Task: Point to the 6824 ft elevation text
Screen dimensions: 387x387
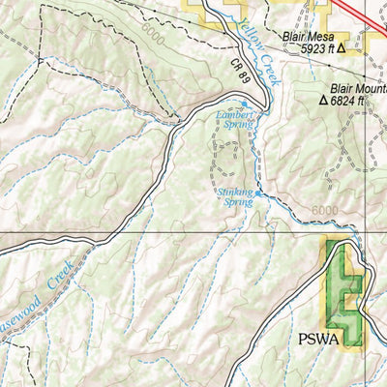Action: (350, 99)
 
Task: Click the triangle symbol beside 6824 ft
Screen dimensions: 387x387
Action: (324, 99)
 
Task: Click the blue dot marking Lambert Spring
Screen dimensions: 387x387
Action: (244, 104)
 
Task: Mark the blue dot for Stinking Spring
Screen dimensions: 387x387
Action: (255, 193)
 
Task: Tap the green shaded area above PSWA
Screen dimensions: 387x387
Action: (344, 290)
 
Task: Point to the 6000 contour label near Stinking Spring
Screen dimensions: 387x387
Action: (326, 212)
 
